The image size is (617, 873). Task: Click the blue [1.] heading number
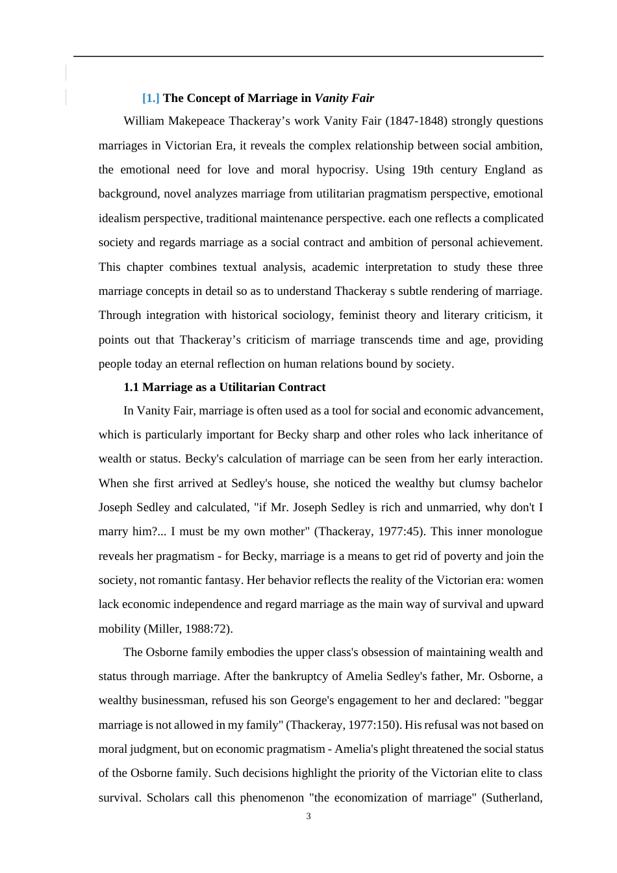click(x=151, y=98)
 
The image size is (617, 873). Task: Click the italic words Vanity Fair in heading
click(x=344, y=98)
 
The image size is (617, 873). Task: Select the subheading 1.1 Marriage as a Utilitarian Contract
click(x=224, y=387)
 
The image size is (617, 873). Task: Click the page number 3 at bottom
click(x=308, y=816)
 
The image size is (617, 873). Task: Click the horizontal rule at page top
click(x=308, y=57)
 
